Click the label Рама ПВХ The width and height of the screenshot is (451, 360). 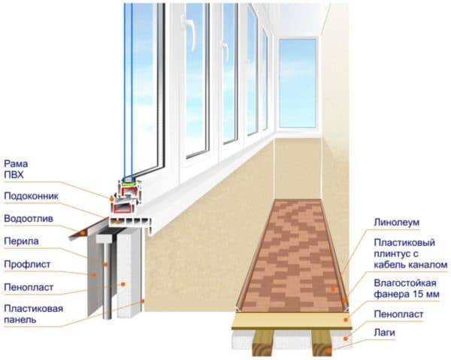(16, 169)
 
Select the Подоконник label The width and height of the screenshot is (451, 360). (32, 196)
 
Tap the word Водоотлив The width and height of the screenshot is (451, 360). (29, 219)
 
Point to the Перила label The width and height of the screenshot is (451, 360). (21, 241)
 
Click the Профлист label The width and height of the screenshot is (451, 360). (27, 265)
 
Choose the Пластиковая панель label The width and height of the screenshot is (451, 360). (33, 313)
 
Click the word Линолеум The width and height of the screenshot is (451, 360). (397, 222)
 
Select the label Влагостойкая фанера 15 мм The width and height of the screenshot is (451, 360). (407, 289)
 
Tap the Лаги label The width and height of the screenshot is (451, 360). (385, 333)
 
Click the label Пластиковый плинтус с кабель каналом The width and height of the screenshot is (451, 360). (410, 254)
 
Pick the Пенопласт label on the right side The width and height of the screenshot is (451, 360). (398, 314)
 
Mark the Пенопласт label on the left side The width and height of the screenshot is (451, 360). (29, 287)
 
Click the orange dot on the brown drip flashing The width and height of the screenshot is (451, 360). (83, 233)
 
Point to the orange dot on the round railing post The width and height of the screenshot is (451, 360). (105, 265)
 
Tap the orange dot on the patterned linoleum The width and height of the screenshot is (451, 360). (333, 289)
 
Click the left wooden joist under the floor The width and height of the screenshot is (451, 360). (263, 343)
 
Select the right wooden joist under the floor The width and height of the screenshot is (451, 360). (322, 343)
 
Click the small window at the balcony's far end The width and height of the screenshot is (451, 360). (298, 83)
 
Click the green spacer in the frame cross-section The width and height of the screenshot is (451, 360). (127, 183)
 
